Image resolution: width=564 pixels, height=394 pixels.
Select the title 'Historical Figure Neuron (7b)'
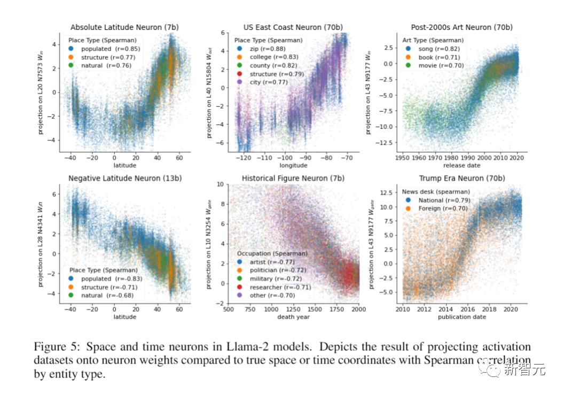point(293,178)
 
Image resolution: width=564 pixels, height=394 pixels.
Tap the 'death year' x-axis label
point(293,316)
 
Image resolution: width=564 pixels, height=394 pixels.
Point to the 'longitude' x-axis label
point(293,165)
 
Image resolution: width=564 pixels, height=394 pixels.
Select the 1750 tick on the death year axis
point(336,308)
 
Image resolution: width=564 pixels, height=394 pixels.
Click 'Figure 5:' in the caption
point(54,346)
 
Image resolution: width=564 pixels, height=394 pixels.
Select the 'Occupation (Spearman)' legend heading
point(272,253)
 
